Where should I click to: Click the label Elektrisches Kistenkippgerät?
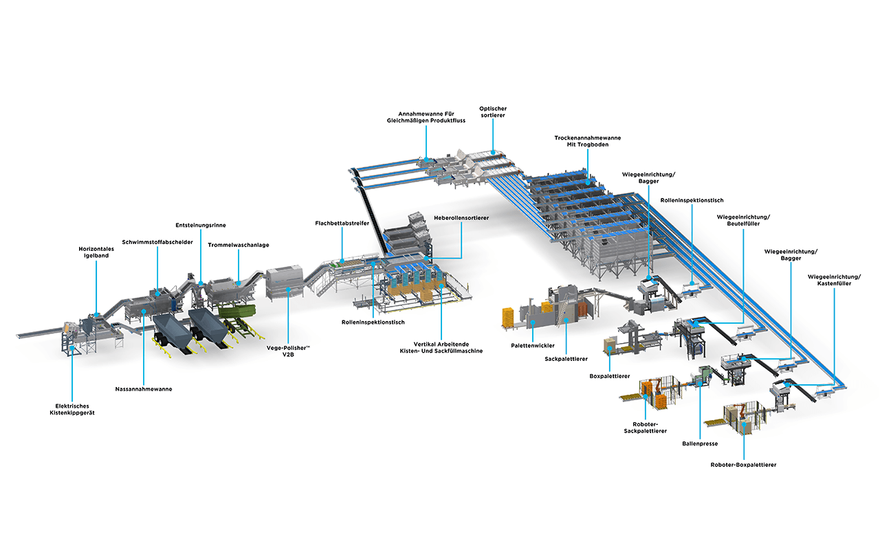[x=72, y=409]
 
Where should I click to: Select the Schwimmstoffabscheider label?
[x=157, y=242]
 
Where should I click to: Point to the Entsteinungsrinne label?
[x=200, y=225]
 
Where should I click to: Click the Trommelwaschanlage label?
[x=239, y=245]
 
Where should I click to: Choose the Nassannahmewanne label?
[x=143, y=389]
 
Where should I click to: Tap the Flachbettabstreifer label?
[x=342, y=223]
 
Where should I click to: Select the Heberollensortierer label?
[x=461, y=218]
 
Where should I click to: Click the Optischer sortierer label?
[x=493, y=112]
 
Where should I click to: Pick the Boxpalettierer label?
[x=610, y=376]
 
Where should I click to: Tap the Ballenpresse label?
[x=700, y=444]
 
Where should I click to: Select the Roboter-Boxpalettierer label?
[x=743, y=465]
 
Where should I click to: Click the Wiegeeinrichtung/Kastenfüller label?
[x=835, y=280]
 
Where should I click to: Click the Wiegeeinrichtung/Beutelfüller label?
[x=743, y=220]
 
